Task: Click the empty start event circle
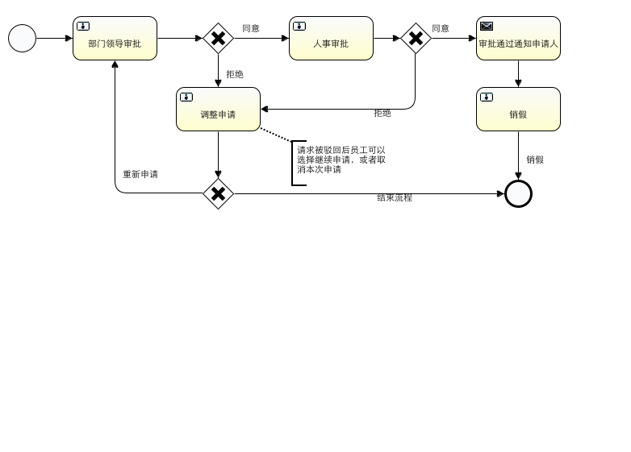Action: tap(23, 38)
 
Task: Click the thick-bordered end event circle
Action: tap(518, 193)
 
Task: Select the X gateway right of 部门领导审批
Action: tap(218, 38)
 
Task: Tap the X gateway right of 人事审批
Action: tap(416, 38)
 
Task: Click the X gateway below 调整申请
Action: tap(218, 193)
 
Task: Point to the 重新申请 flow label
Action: tap(140, 175)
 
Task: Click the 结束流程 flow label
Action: tap(395, 197)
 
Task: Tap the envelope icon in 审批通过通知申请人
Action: tap(487, 26)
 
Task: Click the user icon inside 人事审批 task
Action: tap(299, 26)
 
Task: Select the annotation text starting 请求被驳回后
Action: tap(341, 160)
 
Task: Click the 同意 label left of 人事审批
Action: tap(251, 28)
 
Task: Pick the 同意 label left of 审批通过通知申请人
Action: tap(441, 28)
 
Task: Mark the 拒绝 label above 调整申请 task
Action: tap(235, 74)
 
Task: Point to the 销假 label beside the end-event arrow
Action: tap(535, 160)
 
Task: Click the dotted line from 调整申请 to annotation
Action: tap(276, 135)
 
